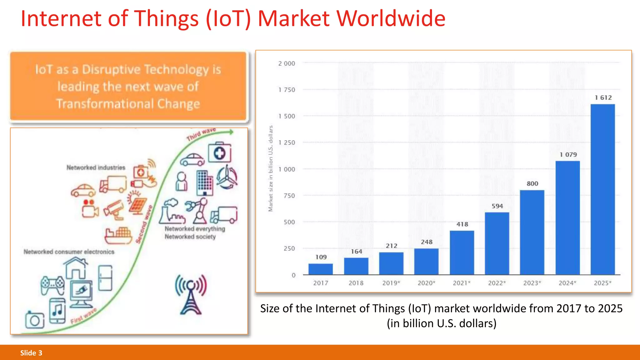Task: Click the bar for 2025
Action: coord(602,189)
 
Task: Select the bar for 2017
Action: coord(321,269)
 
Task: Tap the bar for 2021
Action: coord(462,252)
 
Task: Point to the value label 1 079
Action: coord(568,155)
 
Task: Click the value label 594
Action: coord(497,206)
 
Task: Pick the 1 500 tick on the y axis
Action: coord(287,116)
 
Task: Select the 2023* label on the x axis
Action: coord(532,283)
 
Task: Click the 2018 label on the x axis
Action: coord(356,283)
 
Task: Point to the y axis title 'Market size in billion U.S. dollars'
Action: coord(271,169)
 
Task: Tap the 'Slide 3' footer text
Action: coord(31,353)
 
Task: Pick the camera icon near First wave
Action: coord(34,320)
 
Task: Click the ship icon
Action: coord(118,236)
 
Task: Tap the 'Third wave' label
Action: coord(201,134)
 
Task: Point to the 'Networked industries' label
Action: coord(96,167)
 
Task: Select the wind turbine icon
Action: coord(227,177)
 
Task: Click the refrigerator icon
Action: coord(105,278)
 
